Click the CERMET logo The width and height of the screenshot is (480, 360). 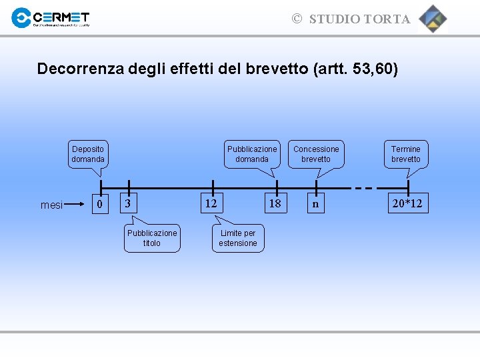(50, 18)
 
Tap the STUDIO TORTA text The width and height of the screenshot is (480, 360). (359, 19)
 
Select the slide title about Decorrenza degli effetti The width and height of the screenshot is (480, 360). (217, 69)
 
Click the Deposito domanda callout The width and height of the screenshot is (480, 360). (88, 154)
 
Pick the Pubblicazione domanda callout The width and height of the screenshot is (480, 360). (252, 154)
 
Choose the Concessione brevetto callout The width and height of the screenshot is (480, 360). (316, 154)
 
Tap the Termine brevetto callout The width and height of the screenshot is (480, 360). (406, 154)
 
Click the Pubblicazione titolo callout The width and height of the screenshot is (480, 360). (152, 238)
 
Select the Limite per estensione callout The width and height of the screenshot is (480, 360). (238, 238)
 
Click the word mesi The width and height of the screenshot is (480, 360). (51, 205)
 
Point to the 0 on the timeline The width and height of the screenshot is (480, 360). (100, 204)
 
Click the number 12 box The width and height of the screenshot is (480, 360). (211, 203)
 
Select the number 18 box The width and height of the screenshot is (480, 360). (275, 203)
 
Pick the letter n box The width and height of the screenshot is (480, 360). (315, 203)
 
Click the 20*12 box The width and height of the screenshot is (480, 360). (407, 203)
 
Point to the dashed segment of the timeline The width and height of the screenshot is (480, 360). (363, 188)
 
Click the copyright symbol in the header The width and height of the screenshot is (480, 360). (297, 19)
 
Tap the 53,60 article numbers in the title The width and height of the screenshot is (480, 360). (373, 69)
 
